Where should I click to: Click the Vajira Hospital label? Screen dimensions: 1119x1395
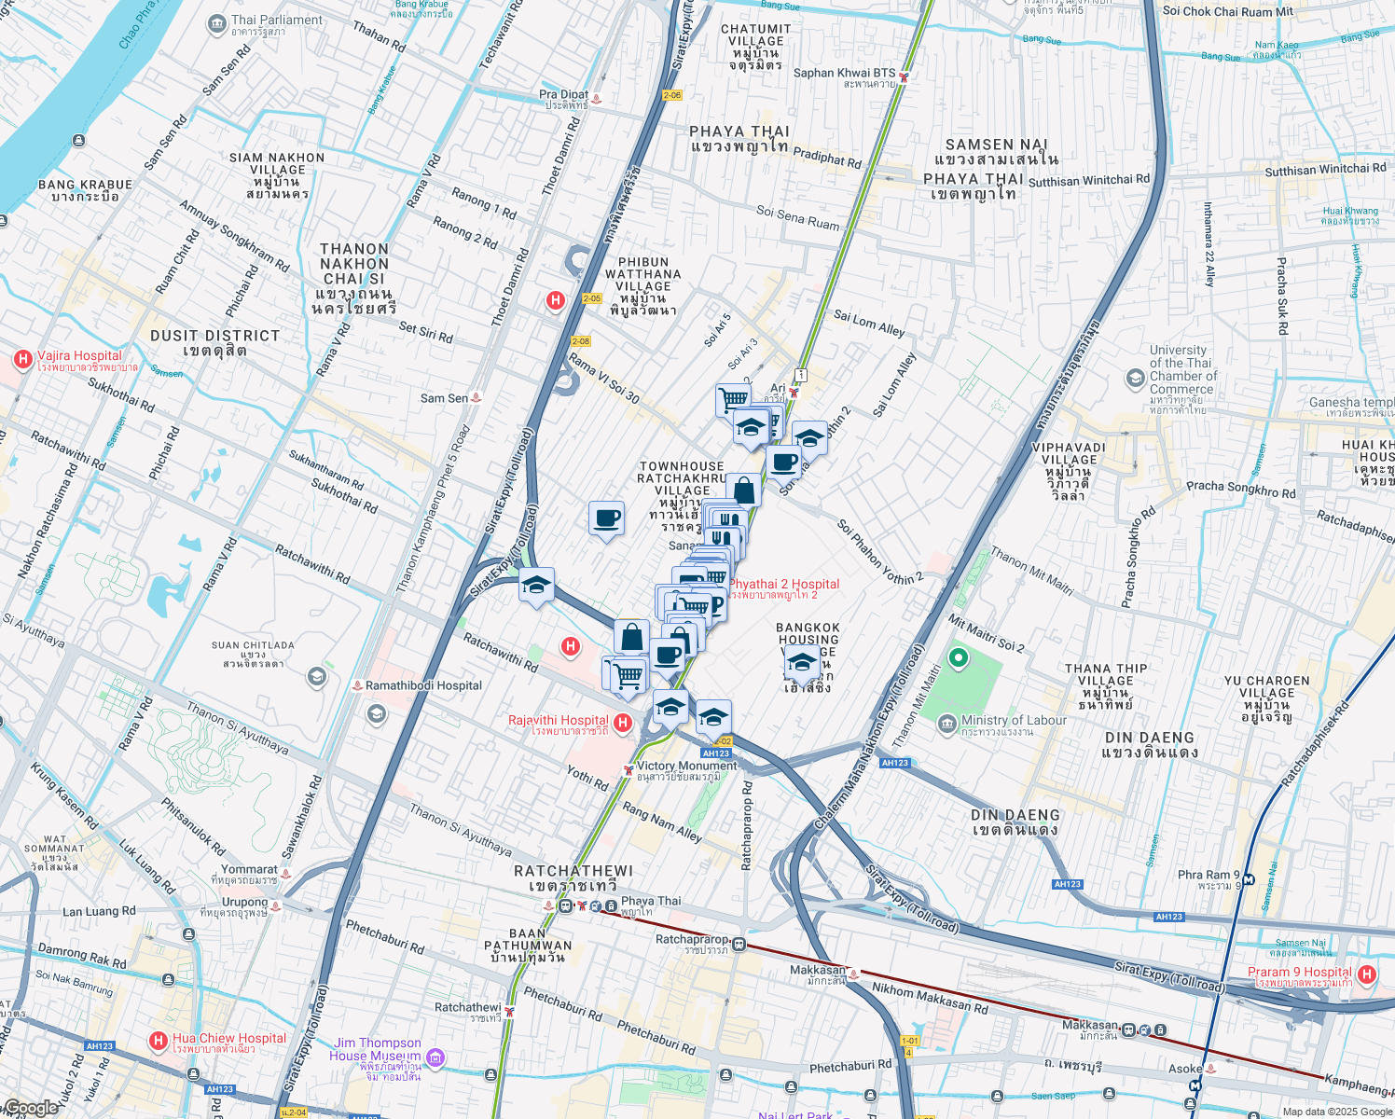click(x=79, y=356)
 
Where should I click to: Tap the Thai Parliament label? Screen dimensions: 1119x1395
click(x=276, y=20)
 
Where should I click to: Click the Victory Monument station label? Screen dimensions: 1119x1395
click(x=686, y=766)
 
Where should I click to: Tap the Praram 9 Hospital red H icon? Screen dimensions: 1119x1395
click(x=1367, y=974)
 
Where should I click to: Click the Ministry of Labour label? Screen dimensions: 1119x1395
click(x=1014, y=720)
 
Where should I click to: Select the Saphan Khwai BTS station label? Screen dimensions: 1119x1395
click(x=844, y=73)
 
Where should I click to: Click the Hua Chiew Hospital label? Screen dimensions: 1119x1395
click(x=228, y=1038)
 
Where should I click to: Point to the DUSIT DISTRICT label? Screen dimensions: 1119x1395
click(x=215, y=336)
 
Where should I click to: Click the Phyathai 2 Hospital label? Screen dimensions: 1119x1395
click(x=783, y=584)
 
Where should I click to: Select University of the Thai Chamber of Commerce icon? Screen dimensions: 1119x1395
click(x=1135, y=378)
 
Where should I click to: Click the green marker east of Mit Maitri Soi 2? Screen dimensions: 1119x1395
click(x=958, y=658)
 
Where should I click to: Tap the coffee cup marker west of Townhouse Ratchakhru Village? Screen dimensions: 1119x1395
click(x=606, y=518)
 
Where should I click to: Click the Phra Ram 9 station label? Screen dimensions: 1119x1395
click(x=1209, y=875)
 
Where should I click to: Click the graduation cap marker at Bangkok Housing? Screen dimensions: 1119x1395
click(x=802, y=663)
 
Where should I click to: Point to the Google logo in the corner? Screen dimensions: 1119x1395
click(x=30, y=1108)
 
